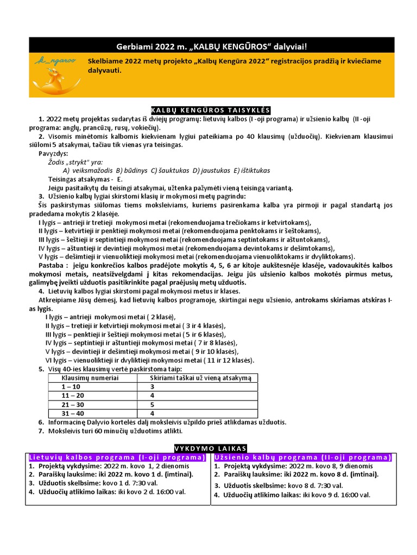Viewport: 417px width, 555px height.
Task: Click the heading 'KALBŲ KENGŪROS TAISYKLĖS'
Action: (208, 110)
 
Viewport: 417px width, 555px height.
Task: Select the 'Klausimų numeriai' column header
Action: (90, 378)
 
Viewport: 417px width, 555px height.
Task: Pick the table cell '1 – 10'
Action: (71, 386)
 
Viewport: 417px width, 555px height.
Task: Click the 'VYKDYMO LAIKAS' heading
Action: (210, 448)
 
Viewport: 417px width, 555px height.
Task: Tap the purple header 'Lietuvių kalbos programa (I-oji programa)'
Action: (117, 457)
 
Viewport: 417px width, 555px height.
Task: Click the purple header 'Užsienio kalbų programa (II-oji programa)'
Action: (303, 457)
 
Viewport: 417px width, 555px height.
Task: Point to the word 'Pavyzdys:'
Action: (53, 154)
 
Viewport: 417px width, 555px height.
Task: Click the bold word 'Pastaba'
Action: (51, 265)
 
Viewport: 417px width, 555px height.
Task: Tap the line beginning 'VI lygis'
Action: (149, 360)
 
